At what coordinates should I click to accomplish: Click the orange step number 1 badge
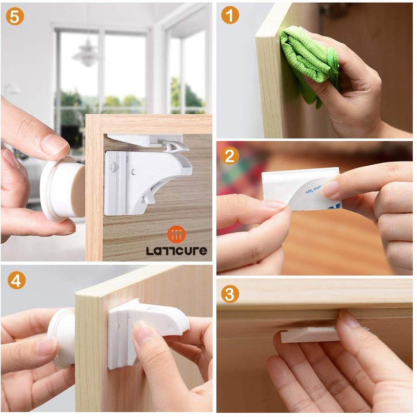coord(230,16)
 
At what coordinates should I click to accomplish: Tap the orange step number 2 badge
coord(230,156)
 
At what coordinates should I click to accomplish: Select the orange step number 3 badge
coord(230,294)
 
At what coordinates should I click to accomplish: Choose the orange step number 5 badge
coord(16,16)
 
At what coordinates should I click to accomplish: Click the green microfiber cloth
coord(308,57)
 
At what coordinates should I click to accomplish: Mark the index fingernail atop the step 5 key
coord(54,144)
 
